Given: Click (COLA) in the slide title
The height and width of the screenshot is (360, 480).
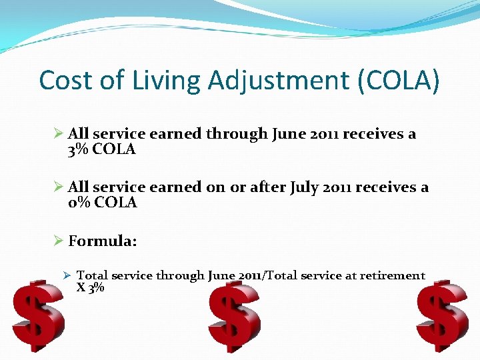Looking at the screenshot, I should (x=399, y=81).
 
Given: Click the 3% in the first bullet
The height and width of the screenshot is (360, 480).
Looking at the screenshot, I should (x=79, y=149).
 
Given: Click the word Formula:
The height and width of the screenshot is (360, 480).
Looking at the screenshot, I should (x=103, y=241).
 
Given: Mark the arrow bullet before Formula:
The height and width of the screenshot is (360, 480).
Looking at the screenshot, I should (x=58, y=241).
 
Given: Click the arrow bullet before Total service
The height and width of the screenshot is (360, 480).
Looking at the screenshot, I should (x=67, y=275).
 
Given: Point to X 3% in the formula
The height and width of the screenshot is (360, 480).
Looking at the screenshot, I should (x=91, y=288).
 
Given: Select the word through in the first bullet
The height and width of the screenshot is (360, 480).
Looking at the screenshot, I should (x=237, y=134).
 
